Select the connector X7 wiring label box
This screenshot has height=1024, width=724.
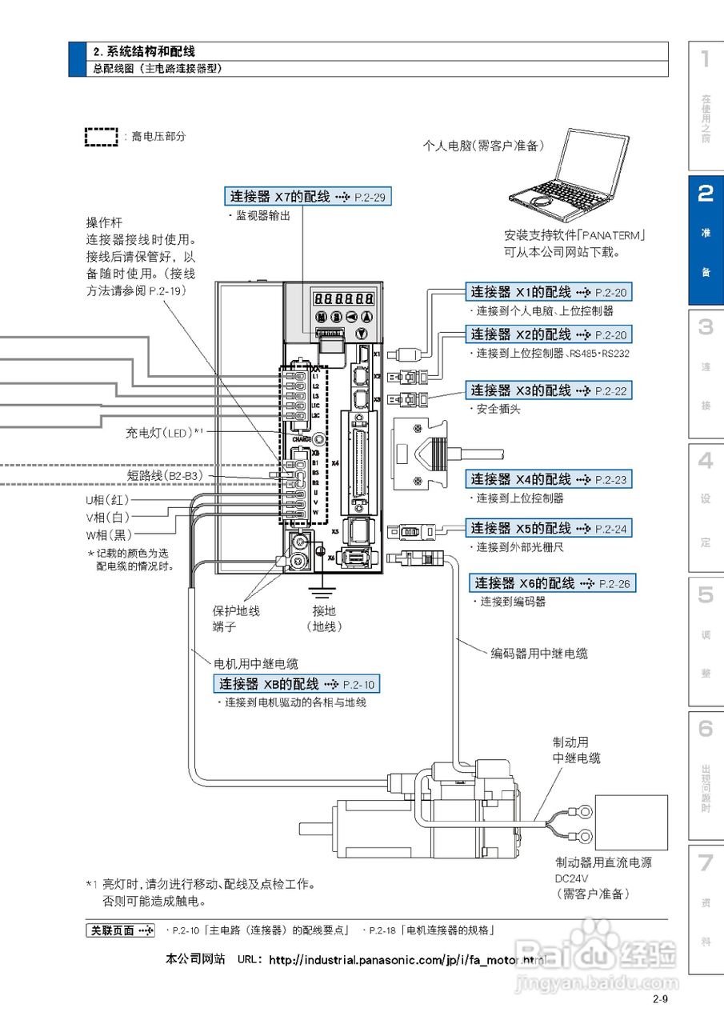pos(308,196)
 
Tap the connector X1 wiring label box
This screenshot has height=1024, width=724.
pos(549,292)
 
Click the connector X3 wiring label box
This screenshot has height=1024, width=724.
pos(549,390)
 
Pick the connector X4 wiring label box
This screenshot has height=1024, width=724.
pos(549,479)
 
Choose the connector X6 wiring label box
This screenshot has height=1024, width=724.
pos(552,583)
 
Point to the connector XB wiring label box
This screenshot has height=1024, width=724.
pos(296,684)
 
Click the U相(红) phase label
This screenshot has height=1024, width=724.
pos(109,499)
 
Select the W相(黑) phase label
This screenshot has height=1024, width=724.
pos(109,534)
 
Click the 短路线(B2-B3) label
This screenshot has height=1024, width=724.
pos(164,475)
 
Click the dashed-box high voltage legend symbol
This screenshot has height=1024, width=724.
pos(102,136)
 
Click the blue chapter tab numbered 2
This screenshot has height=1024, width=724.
pos(706,240)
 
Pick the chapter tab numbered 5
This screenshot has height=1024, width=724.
pos(706,640)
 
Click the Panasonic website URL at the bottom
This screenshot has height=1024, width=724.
pos(406,958)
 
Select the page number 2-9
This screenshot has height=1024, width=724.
pos(660,998)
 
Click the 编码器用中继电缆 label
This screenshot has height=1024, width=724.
pos(538,654)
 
